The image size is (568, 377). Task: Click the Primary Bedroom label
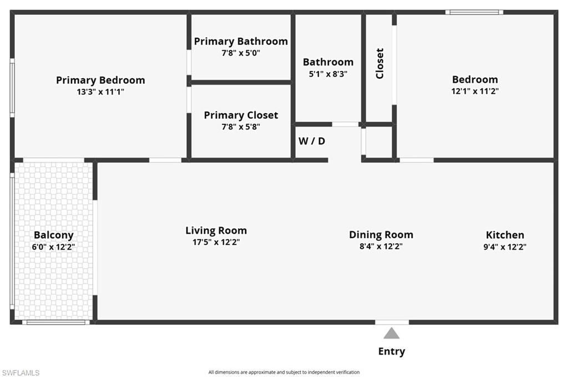pyautogui.click(x=100, y=80)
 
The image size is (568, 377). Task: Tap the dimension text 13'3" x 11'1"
pyautogui.click(x=100, y=92)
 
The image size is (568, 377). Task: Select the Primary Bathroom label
pyautogui.click(x=241, y=41)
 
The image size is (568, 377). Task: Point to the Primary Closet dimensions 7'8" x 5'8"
pyautogui.click(x=241, y=127)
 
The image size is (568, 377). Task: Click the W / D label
pyautogui.click(x=312, y=141)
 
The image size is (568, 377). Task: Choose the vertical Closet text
pyautogui.click(x=380, y=63)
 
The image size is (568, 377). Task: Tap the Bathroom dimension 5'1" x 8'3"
pyautogui.click(x=328, y=74)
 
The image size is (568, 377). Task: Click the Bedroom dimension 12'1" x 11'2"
pyautogui.click(x=475, y=92)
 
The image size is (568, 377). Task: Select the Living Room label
pyautogui.click(x=216, y=230)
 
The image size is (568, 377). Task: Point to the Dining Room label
pyautogui.click(x=381, y=234)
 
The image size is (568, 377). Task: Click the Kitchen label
pyautogui.click(x=505, y=235)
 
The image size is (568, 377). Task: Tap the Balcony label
pyautogui.click(x=53, y=235)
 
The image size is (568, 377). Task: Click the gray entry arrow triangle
pyautogui.click(x=392, y=333)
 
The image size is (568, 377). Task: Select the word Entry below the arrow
pyautogui.click(x=392, y=351)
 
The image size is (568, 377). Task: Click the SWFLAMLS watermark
pyautogui.click(x=21, y=373)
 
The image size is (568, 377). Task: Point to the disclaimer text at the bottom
pyautogui.click(x=284, y=372)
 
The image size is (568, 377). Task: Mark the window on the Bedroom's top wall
pyautogui.click(x=474, y=12)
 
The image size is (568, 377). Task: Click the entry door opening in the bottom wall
pyautogui.click(x=392, y=322)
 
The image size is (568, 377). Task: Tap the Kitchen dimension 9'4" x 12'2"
pyautogui.click(x=505, y=247)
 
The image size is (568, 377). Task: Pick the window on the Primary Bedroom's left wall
pyautogui.click(x=12, y=89)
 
